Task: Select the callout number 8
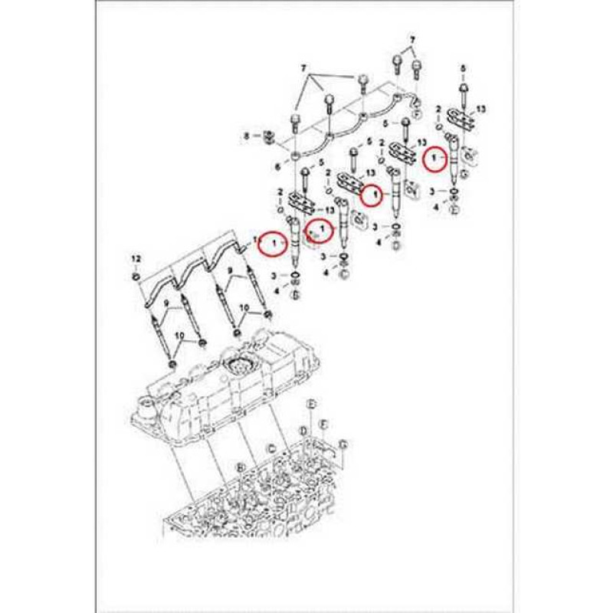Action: [247, 136]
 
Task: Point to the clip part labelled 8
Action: [268, 138]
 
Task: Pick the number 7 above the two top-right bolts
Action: [411, 39]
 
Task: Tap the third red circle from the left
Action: [372, 195]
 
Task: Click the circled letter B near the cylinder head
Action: [241, 466]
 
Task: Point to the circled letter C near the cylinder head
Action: [270, 447]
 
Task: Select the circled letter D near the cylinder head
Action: [303, 431]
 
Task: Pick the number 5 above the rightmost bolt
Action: [463, 70]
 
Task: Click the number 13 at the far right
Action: [481, 110]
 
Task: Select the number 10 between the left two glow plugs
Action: [182, 336]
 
